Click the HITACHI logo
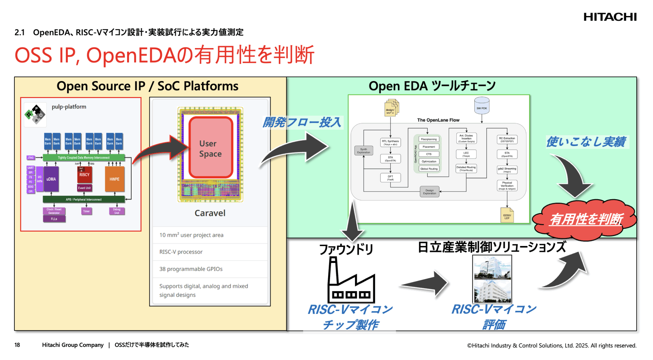pyautogui.click(x=610, y=17)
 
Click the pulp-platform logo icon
pyautogui.click(x=35, y=114)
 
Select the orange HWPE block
pyautogui.click(x=115, y=179)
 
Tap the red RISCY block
pyautogui.click(x=84, y=174)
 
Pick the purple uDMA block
pyautogui.click(x=51, y=179)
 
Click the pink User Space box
pyautogui.click(x=211, y=148)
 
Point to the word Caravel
pyautogui.click(x=210, y=213)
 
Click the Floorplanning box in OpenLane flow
pyautogui.click(x=429, y=139)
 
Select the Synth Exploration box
pyautogui.click(x=363, y=151)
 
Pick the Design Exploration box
pyautogui.click(x=429, y=192)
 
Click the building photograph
pyautogui.click(x=492, y=279)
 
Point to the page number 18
pyautogui.click(x=17, y=345)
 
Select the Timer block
pyautogui.click(x=86, y=211)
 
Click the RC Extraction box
pyautogui.click(x=507, y=140)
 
